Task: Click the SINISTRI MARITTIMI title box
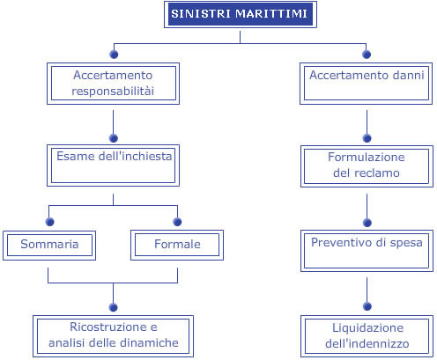tap(241, 15)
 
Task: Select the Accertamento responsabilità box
tap(113, 84)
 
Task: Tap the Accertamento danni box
tap(366, 84)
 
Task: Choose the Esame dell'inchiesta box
tap(113, 165)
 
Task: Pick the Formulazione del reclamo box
tap(367, 166)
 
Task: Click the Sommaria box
tap(49, 246)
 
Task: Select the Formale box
tap(177, 246)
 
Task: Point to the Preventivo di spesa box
tap(367, 251)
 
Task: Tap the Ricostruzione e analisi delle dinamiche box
tap(113, 336)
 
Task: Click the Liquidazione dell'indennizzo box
tap(367, 336)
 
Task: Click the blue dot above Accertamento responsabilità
tap(114, 55)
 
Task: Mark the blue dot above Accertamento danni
tap(367, 55)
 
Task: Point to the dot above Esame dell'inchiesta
tap(114, 138)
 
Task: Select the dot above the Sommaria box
tap(50, 222)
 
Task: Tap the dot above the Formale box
tap(177, 222)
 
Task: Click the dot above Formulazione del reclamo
tap(367, 138)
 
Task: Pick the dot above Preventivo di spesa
tap(367, 223)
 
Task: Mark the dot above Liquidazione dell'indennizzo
tap(367, 306)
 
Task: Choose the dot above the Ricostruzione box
tap(113, 307)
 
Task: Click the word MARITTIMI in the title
tap(271, 14)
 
